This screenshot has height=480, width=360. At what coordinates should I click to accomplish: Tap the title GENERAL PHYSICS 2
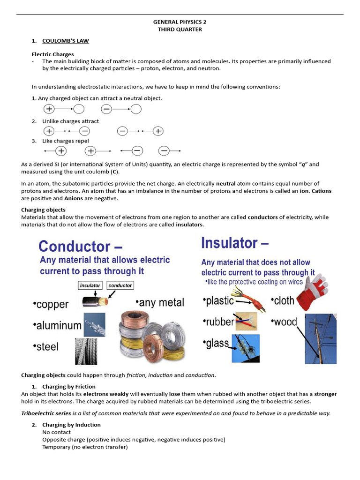(x=180, y=22)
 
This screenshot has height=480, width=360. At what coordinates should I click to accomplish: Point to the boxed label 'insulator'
(x=90, y=285)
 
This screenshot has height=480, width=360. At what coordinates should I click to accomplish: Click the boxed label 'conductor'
(x=120, y=285)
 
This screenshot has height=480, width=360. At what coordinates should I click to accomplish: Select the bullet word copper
(x=51, y=304)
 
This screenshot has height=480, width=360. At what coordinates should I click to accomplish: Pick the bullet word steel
(x=46, y=346)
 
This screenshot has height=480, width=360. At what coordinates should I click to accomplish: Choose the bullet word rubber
(x=218, y=322)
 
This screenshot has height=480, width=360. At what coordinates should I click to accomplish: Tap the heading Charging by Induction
(x=71, y=425)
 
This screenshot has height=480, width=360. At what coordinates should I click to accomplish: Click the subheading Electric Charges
(x=52, y=54)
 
